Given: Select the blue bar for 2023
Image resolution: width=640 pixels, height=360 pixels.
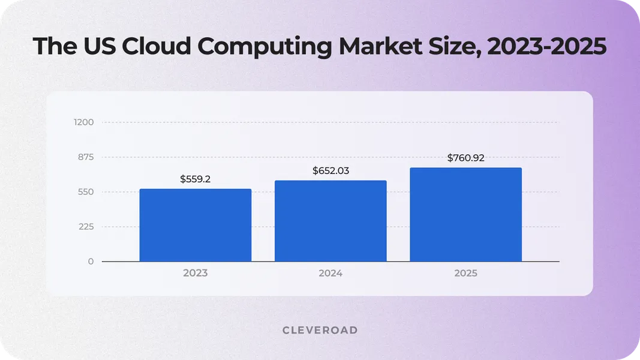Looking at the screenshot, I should coord(195,225).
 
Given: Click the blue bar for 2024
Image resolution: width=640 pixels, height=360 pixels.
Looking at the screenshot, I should coord(330,221).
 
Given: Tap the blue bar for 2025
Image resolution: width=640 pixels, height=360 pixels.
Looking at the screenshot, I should coord(465,214).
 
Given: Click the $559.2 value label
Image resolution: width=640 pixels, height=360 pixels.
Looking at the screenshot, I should coord(195,179).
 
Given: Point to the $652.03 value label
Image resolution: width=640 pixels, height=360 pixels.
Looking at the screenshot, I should coord(330,171).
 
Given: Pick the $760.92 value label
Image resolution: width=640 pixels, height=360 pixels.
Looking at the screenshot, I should coord(465,158).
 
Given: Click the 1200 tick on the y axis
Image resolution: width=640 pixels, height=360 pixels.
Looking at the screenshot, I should coord(84,122).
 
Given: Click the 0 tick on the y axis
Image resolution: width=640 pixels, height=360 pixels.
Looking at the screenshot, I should coord(91,262).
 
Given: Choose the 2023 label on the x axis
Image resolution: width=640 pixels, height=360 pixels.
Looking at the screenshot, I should coord(195,273).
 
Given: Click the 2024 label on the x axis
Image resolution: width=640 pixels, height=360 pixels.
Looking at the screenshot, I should coord(330,273).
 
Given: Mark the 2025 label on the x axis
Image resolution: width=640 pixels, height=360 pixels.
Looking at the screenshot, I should coord(465,273).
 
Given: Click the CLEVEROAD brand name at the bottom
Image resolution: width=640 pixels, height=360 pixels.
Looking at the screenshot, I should coord(320,330).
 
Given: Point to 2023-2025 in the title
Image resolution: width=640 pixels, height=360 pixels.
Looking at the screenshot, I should coord(546,47).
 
